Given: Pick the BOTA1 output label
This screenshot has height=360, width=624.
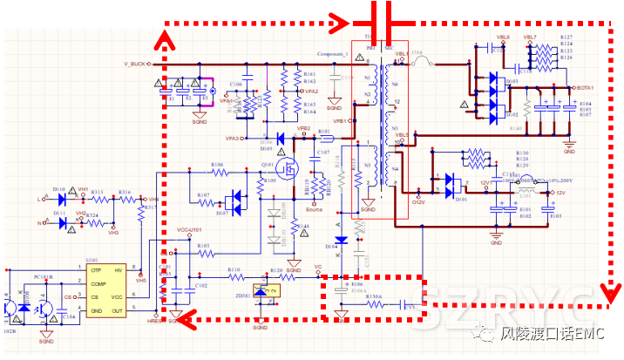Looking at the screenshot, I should [x=584, y=88].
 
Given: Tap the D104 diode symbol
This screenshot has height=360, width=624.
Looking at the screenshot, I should [x=341, y=239].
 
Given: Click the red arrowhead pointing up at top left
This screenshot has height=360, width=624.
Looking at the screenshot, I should [x=161, y=37].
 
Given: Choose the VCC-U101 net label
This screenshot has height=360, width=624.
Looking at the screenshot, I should [x=189, y=230].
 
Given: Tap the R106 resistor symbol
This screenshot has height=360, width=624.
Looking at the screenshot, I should [x=217, y=172].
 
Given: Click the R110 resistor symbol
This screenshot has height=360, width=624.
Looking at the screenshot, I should [x=234, y=277].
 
